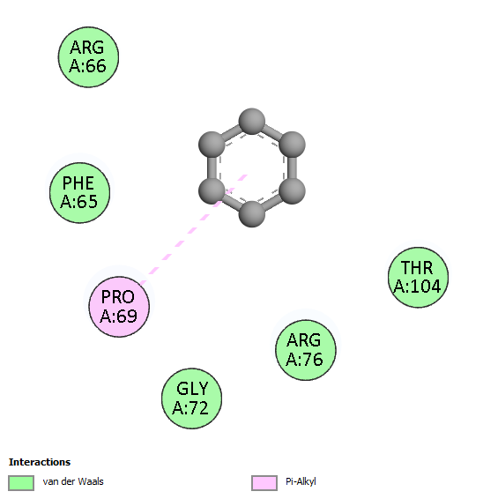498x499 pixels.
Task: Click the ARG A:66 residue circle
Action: pos(88,57)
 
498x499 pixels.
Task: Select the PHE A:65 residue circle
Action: pos(80,193)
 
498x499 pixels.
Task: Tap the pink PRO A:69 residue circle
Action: pos(119,307)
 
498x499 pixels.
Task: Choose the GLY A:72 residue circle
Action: pos(191,398)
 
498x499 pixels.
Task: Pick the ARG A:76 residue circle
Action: pos(306,350)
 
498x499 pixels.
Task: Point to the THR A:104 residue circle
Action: pos(418,277)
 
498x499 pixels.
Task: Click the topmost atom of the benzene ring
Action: pos(252,122)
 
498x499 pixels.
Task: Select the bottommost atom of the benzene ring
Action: pos(252,214)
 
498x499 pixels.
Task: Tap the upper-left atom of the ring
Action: pos(212,145)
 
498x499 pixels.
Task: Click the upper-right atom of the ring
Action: pos(292,145)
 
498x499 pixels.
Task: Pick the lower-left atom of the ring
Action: pos(212,191)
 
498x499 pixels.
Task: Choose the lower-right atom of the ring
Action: pos(292,191)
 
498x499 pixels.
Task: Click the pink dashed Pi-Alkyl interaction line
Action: pos(194,229)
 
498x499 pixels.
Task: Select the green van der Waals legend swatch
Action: pos(21,483)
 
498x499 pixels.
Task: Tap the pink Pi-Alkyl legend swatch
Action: pos(264,483)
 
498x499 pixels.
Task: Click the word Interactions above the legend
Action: pos(40,462)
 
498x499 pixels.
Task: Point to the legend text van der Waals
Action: pos(73,481)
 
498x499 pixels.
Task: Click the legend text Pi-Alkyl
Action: pos(301,482)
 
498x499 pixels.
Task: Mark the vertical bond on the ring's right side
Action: pos(292,168)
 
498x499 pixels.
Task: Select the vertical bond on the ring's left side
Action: pos(212,168)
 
